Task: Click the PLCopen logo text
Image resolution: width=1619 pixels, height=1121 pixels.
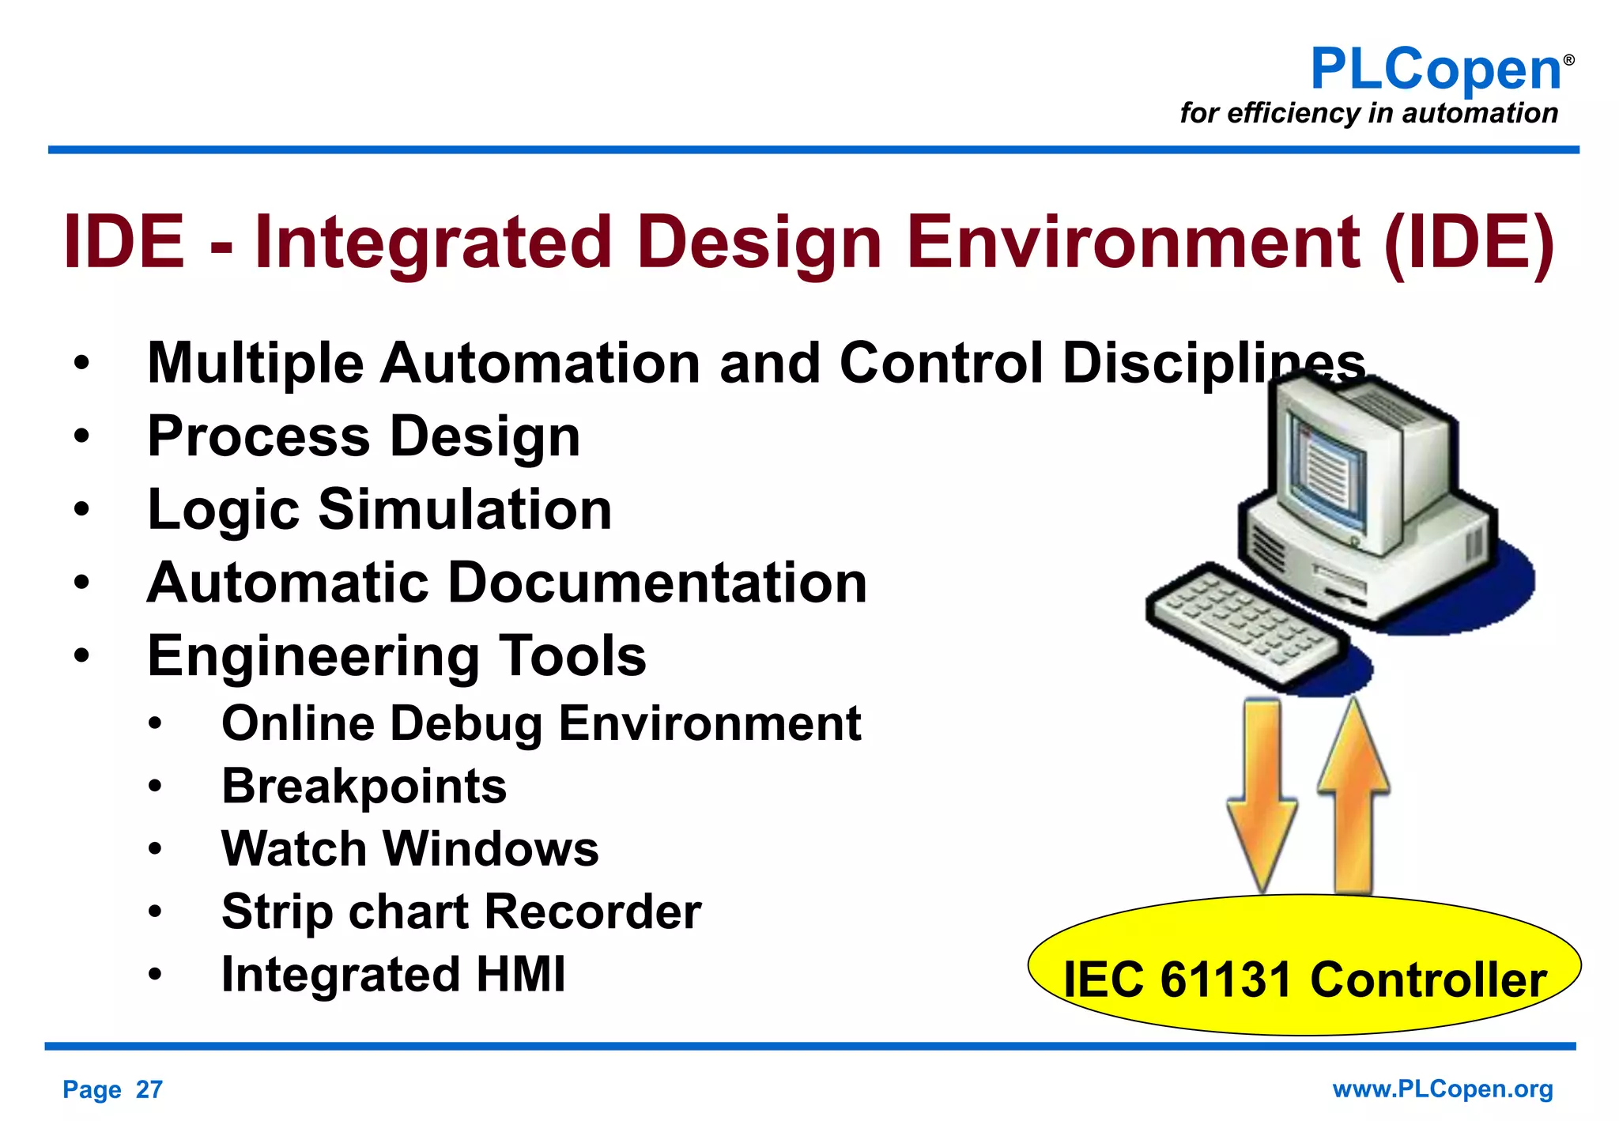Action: [x=1435, y=70]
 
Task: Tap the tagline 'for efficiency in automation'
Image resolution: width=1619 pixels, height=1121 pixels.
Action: [x=1368, y=113]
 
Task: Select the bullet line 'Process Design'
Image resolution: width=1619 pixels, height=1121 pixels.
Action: [x=364, y=436]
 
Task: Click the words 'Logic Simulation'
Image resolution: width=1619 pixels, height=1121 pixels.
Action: [x=379, y=509]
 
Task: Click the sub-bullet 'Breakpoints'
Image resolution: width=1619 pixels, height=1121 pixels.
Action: [x=364, y=787]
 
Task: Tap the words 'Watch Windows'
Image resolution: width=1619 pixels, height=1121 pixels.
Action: [x=409, y=849]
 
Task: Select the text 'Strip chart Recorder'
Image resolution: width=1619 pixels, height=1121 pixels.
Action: [x=461, y=912]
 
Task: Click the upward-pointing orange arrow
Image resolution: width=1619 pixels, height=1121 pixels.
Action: [x=1353, y=791]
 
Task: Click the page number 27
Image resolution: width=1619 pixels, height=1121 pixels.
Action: [x=149, y=1089]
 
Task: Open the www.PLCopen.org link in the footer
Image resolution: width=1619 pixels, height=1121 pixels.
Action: [x=1442, y=1089]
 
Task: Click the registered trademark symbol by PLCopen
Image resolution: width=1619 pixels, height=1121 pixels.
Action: [x=1568, y=60]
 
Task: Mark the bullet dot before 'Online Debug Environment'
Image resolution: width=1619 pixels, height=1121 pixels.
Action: [x=155, y=724]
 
